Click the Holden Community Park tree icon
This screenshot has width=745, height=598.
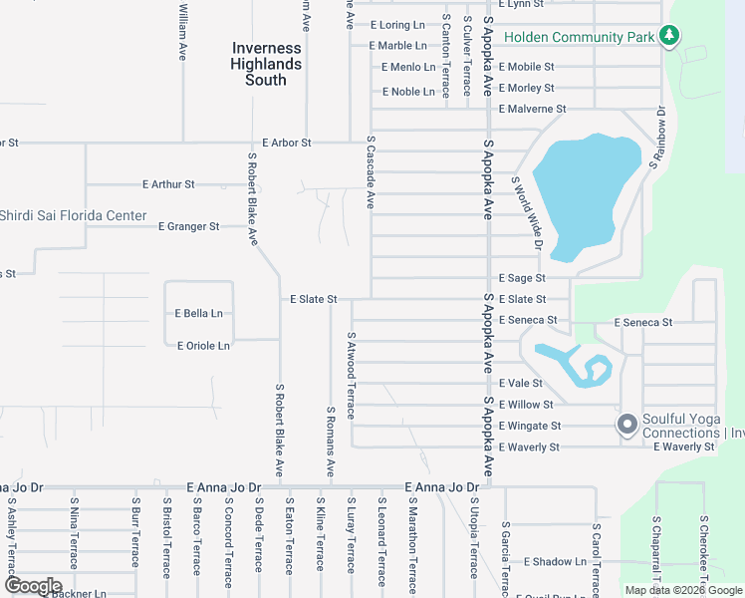coord(670,37)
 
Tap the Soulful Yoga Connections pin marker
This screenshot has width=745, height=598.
coord(627,426)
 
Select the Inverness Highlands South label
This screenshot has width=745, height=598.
coord(266,64)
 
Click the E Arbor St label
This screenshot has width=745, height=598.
coord(287,143)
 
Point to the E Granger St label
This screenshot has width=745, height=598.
coord(189,226)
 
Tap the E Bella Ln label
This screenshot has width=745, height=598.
coord(199,313)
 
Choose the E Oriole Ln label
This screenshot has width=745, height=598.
coord(203,346)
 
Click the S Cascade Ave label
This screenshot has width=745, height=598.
coord(370,172)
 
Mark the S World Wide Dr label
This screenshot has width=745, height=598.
coord(527,213)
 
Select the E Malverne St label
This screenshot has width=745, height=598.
coord(533,109)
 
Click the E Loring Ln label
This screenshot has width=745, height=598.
coord(397,25)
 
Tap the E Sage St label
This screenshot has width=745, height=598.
coord(523,278)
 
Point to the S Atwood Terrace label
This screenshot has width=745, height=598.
coord(352,376)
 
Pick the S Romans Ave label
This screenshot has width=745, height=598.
coord(331,443)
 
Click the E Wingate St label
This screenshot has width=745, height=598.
coord(529,426)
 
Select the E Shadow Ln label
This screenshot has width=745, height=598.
coord(555,562)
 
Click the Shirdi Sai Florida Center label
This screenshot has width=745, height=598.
coord(74,215)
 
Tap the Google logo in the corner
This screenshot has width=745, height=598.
coord(33,586)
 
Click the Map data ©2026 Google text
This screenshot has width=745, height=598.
coord(683,590)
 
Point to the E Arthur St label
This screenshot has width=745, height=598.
coord(168,184)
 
